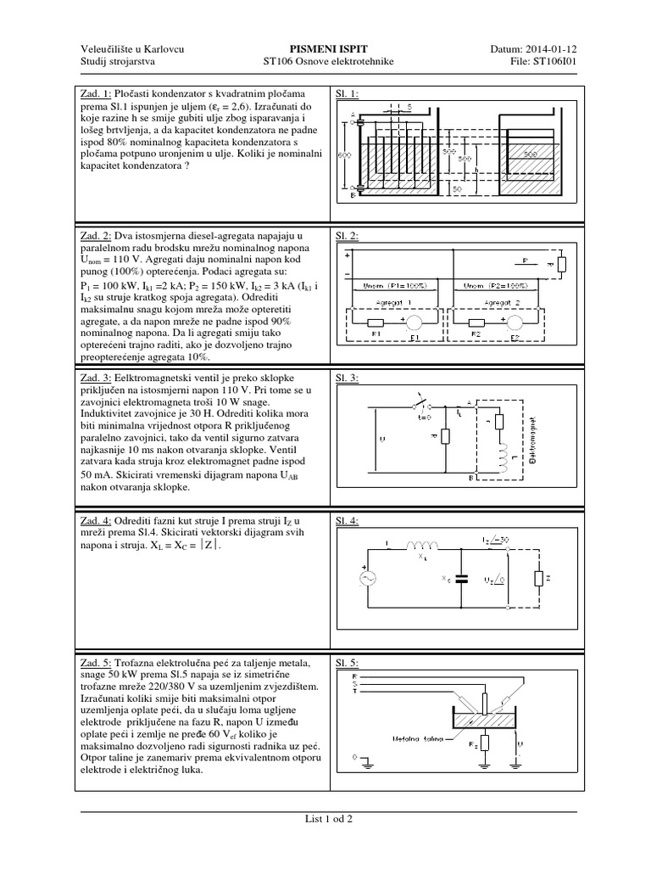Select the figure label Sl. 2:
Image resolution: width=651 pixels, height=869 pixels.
click(348, 235)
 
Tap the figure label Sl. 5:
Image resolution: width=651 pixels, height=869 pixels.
click(348, 662)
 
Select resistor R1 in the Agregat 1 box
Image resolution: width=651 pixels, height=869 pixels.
click(372, 323)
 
